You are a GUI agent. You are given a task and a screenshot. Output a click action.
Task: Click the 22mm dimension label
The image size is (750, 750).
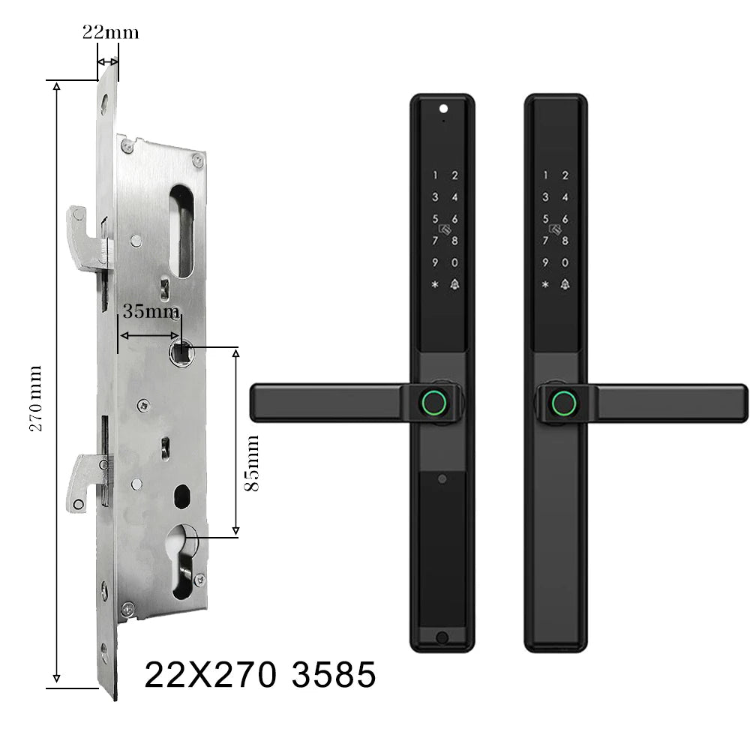pos(110,32)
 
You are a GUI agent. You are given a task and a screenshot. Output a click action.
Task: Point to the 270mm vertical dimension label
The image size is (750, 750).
pos(36,398)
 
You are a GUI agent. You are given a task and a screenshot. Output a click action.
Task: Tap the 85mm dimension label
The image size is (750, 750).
pos(251,463)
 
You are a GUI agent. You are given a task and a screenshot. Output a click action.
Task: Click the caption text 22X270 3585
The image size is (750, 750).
pos(260,674)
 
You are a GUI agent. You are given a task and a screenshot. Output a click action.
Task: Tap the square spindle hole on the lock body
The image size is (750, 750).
pos(181,352)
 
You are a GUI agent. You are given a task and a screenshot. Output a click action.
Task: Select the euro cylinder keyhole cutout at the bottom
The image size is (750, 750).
pos(183,560)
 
